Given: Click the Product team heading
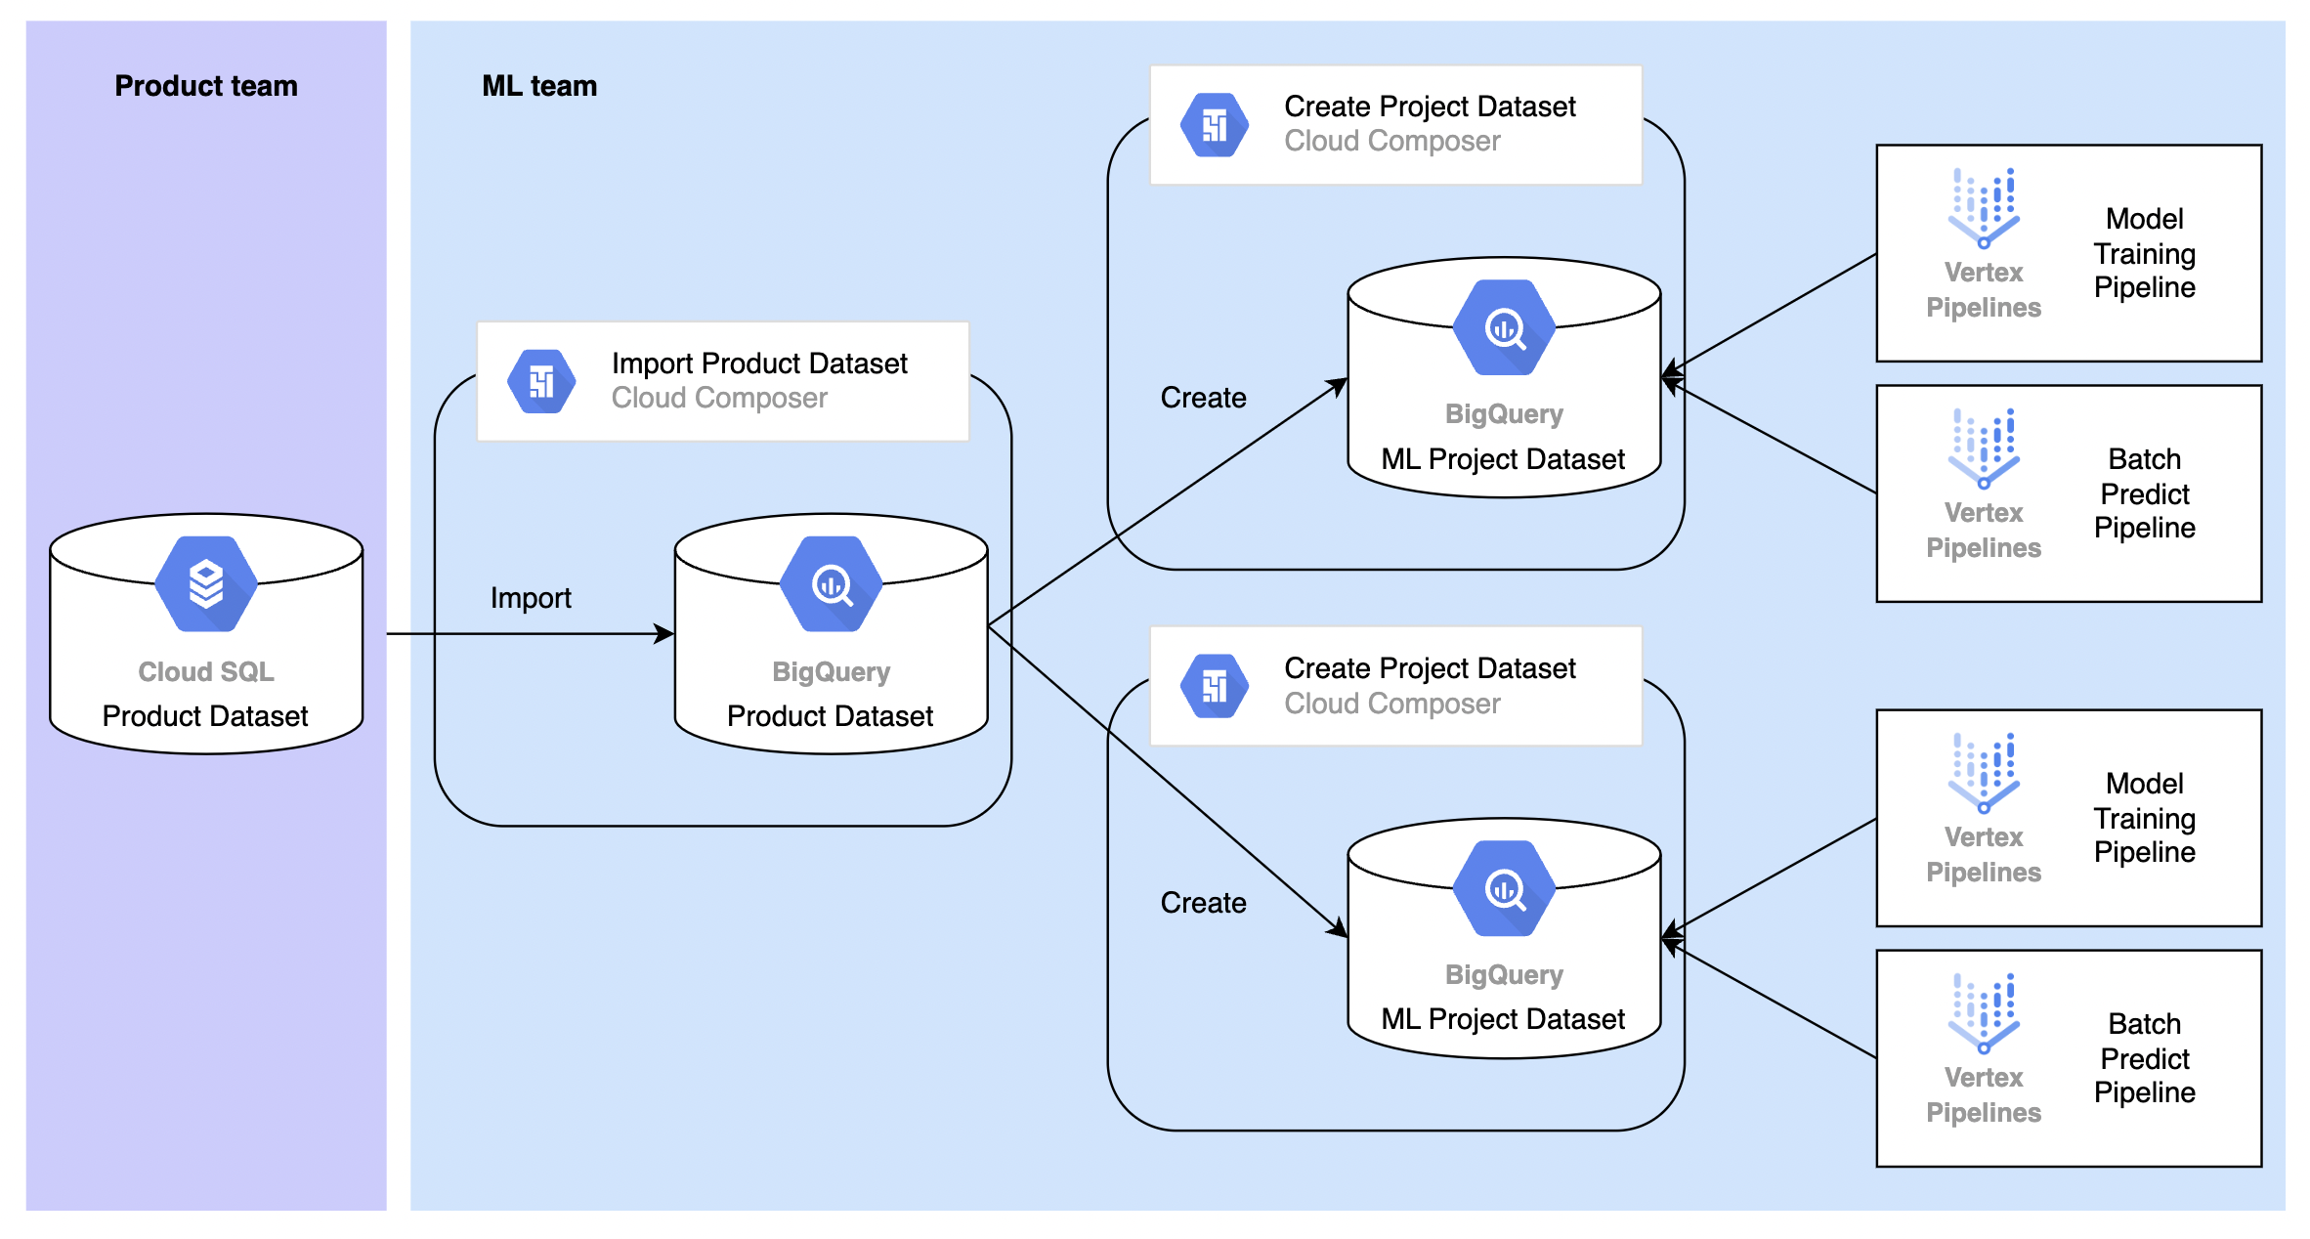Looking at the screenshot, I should pyautogui.click(x=206, y=86).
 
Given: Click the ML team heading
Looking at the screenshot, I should pyautogui.click(x=539, y=86).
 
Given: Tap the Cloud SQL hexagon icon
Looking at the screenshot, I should pyautogui.click(x=206, y=583).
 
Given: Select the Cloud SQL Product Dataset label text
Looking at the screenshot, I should pyautogui.click(x=205, y=716).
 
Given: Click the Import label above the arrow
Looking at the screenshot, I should pyautogui.click(x=531, y=598).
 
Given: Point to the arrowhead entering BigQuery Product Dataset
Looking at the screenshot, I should pyautogui.click(x=665, y=634).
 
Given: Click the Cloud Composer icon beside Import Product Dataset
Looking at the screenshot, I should pyautogui.click(x=541, y=381).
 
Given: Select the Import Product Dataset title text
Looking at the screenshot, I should pyautogui.click(x=759, y=363).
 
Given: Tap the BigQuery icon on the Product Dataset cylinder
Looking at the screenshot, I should pyautogui.click(x=832, y=583).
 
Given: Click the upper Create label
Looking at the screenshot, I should pyautogui.click(x=1203, y=398).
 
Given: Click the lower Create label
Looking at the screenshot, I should pyautogui.click(x=1203, y=903).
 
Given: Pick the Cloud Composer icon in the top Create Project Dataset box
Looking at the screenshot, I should pyautogui.click(x=1215, y=125).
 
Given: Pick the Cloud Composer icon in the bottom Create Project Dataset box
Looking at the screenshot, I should pyautogui.click(x=1215, y=687).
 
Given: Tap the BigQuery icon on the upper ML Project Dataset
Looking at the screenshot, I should pyautogui.click(x=1505, y=327).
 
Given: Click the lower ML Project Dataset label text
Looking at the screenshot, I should pyautogui.click(x=1503, y=1019).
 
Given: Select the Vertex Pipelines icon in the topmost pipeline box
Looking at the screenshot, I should pyautogui.click(x=1984, y=208).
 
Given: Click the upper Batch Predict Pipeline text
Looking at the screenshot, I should pyautogui.click(x=2145, y=493).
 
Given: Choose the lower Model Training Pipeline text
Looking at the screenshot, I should pyautogui.click(x=2145, y=818).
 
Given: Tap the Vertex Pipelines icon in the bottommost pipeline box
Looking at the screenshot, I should pyautogui.click(x=1984, y=1013).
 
